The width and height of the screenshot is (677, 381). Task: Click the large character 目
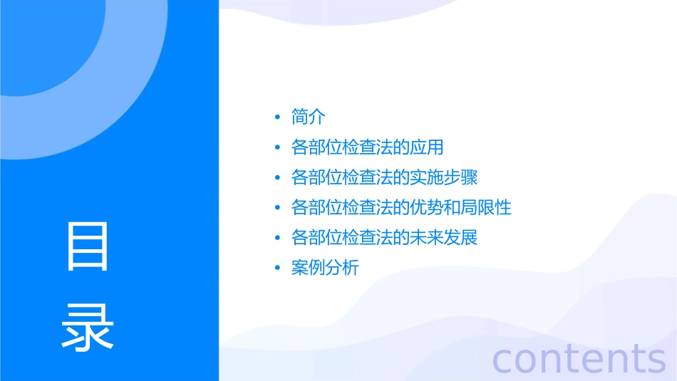88,246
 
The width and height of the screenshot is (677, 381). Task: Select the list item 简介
309,117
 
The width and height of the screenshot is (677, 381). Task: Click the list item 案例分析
325,268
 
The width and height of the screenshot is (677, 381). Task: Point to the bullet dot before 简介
277,118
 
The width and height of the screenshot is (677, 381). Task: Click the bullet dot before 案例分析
277,269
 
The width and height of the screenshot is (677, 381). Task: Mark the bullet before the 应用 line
277,148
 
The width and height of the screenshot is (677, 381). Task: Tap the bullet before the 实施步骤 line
277,178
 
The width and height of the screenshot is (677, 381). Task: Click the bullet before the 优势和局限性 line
277,209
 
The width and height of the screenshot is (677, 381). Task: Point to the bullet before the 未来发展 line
277,239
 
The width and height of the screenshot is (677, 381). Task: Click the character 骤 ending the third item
469,177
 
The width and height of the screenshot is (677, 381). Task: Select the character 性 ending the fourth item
503,208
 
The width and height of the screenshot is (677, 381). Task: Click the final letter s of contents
655,360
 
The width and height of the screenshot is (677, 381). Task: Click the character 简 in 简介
300,117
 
